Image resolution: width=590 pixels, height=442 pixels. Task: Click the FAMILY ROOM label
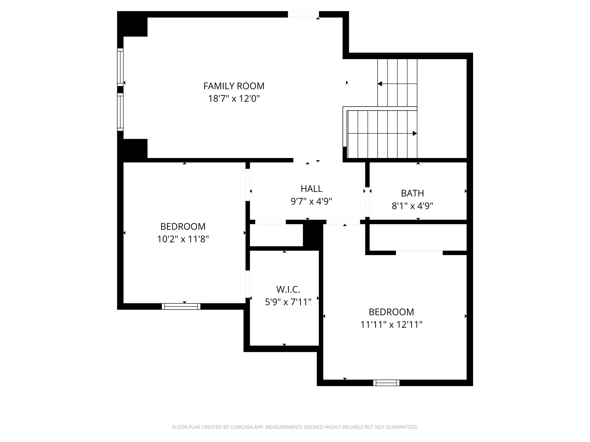pyautogui.click(x=234, y=86)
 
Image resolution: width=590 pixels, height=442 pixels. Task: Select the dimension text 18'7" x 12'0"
pyautogui.click(x=234, y=99)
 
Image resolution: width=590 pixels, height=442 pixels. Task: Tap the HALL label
pyautogui.click(x=311, y=189)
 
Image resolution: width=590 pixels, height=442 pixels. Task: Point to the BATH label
pyautogui.click(x=412, y=193)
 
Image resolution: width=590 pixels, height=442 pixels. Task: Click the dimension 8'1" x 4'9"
pyautogui.click(x=412, y=206)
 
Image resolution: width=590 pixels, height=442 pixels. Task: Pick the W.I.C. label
pyautogui.click(x=288, y=289)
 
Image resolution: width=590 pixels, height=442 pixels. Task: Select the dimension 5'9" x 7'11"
pyautogui.click(x=288, y=302)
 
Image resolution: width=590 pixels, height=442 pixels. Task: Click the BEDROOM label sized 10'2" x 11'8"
pyautogui.click(x=183, y=227)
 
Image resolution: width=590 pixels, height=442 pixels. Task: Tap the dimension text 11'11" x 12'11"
pyautogui.click(x=391, y=325)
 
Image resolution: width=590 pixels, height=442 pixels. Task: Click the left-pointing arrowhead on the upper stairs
pyautogui.click(x=380, y=84)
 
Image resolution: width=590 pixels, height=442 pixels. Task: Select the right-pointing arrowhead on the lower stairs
pyautogui.click(x=415, y=134)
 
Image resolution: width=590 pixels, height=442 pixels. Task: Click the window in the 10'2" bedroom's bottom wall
pyautogui.click(x=181, y=306)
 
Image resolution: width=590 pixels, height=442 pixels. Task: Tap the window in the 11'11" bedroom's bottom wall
pyautogui.click(x=386, y=383)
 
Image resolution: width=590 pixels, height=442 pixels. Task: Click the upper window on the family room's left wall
pyautogui.click(x=120, y=67)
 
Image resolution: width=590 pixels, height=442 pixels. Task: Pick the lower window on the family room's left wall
pyautogui.click(x=120, y=112)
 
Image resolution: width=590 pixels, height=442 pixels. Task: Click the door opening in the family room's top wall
pyautogui.click(x=303, y=14)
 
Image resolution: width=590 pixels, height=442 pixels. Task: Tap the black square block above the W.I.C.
pyautogui.click(x=313, y=235)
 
